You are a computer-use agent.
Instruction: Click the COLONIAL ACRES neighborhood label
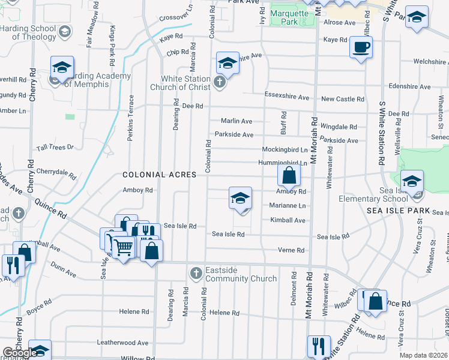160,175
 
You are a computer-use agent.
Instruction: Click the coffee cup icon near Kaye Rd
361,47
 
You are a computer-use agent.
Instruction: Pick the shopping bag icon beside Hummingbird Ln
289,175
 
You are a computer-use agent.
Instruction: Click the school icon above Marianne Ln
240,198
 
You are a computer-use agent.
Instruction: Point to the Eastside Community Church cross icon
195,274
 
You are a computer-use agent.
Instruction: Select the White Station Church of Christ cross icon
220,82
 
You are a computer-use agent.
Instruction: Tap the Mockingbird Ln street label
285,149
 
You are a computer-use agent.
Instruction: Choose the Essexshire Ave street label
287,97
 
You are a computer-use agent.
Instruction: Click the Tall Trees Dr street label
55,146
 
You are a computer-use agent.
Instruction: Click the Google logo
19,353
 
